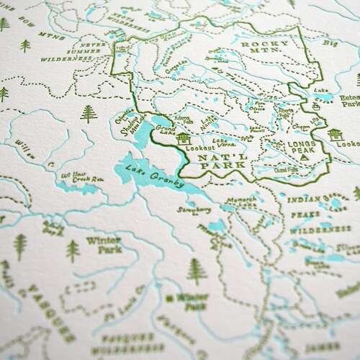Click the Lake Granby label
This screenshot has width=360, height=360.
pos(155,176)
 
